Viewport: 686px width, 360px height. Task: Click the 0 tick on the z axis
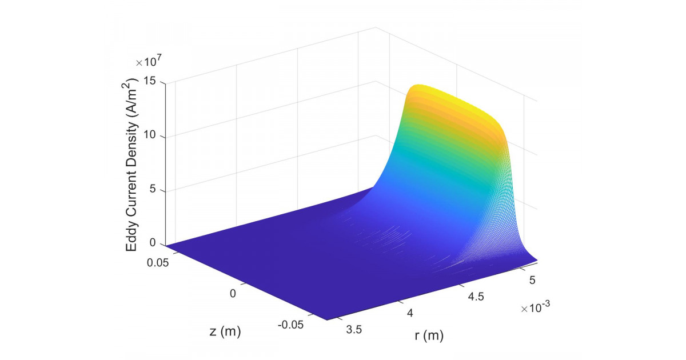(233, 293)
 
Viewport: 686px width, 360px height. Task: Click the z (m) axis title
(221, 331)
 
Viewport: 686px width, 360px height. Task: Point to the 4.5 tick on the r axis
(474, 297)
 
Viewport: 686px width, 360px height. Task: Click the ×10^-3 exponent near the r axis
(535, 308)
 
